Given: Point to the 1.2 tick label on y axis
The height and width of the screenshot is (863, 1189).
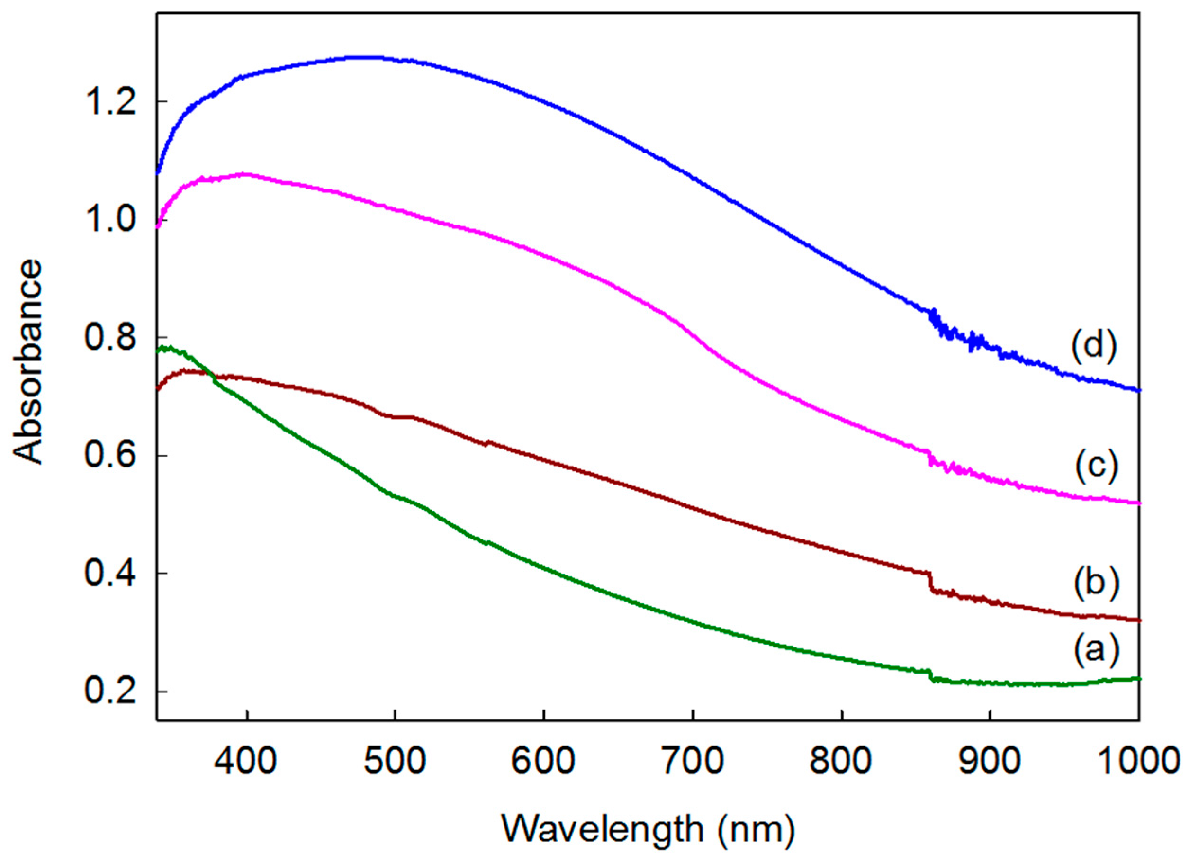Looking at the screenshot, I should (x=111, y=102).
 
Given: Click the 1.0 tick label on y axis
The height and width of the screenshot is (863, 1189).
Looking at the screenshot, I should (x=111, y=220).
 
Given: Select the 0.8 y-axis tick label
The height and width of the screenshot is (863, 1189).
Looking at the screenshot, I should (x=111, y=338).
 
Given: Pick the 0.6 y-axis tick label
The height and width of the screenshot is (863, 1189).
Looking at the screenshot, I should (x=111, y=456).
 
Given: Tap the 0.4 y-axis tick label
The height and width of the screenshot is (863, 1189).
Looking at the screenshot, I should (x=111, y=574).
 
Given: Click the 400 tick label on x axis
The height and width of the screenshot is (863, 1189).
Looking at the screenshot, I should (x=246, y=761).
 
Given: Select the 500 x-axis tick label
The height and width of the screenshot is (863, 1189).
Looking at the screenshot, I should (x=395, y=761).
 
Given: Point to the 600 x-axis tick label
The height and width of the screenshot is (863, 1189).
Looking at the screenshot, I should (x=544, y=761).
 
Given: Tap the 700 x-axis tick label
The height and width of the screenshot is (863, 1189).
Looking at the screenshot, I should (x=693, y=761).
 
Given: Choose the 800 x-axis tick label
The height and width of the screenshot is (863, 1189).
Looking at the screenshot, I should (x=841, y=761).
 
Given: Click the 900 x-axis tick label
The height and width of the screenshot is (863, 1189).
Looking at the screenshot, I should (x=990, y=761).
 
